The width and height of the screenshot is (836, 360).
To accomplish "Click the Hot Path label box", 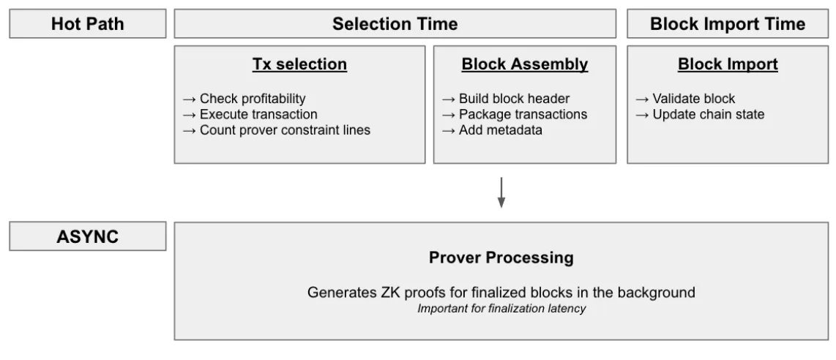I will pyautogui.click(x=87, y=24).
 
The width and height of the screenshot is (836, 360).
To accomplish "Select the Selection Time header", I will pyautogui.click(x=395, y=24).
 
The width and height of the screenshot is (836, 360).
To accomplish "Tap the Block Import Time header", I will pyautogui.click(x=728, y=24).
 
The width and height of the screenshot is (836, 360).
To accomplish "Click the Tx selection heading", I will pyautogui.click(x=299, y=64).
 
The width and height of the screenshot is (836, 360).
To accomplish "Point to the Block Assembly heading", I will pyautogui.click(x=524, y=64).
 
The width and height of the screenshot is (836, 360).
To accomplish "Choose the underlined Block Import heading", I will pyautogui.click(x=728, y=64).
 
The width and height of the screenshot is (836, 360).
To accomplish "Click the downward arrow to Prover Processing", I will pyautogui.click(x=501, y=191).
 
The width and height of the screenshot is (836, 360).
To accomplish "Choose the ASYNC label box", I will pyautogui.click(x=87, y=238).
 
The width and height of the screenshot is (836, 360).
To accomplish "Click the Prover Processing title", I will pyautogui.click(x=501, y=259).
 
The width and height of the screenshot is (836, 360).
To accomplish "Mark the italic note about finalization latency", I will pyautogui.click(x=501, y=308).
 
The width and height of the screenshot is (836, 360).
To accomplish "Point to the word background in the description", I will pyautogui.click(x=660, y=293).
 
